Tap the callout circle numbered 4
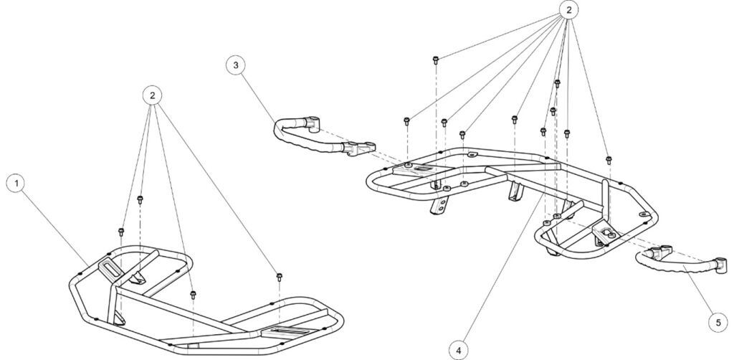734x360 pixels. pos(460,349)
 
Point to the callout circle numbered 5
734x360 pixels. pos(717,323)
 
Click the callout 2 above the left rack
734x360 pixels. pos(151,95)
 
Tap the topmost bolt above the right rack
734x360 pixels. pos(437,58)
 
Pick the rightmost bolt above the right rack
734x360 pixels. pos(609,159)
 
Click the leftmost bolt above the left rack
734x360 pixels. pos(121,230)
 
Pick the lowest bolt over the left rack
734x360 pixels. pos(192,294)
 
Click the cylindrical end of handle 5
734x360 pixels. pos(720,266)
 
